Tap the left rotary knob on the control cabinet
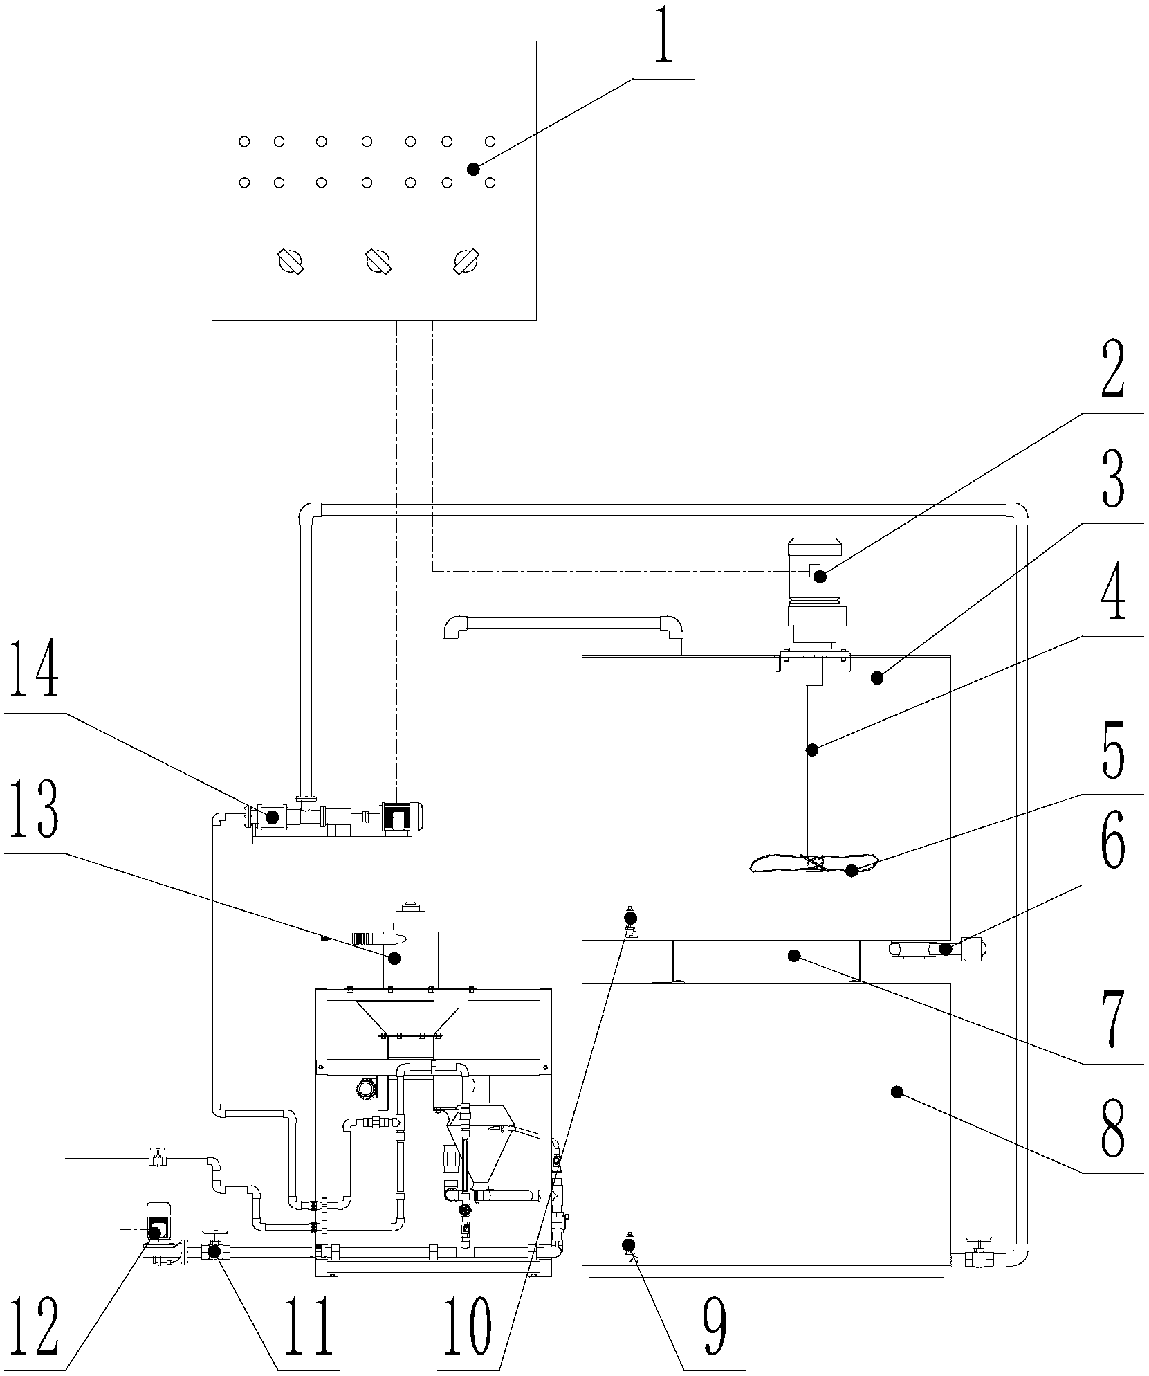(x=290, y=261)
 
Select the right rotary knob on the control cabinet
(x=466, y=261)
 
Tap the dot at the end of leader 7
(x=794, y=956)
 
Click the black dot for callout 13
(x=395, y=958)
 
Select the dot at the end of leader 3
(x=877, y=678)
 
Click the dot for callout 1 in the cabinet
(x=473, y=169)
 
